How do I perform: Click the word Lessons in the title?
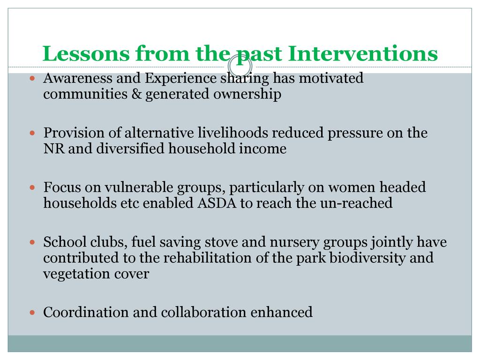(86, 53)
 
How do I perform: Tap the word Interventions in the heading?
(363, 53)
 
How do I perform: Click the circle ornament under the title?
(240, 66)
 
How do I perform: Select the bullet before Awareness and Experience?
(32, 78)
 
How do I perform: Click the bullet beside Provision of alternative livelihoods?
(32, 133)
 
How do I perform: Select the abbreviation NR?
(54, 149)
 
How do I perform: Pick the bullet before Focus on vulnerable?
(32, 187)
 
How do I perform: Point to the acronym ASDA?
(217, 203)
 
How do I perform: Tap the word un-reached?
(356, 203)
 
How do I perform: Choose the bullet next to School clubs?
(32, 242)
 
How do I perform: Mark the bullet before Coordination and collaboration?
(32, 313)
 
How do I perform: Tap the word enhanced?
(282, 313)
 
